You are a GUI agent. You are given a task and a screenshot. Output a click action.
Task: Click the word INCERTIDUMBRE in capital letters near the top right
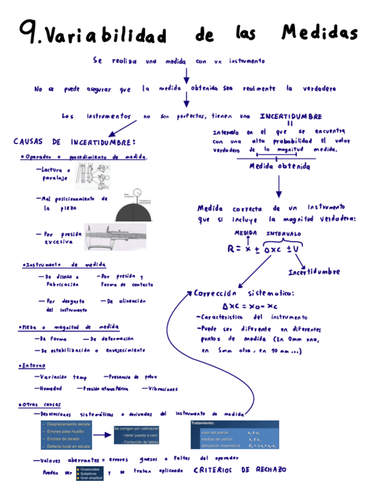coord(291,116)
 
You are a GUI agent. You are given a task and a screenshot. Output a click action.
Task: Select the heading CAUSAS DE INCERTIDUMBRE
coord(74,142)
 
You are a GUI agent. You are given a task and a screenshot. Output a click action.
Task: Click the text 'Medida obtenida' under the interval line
coord(279,167)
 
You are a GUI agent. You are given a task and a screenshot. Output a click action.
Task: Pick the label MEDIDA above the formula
coord(245,232)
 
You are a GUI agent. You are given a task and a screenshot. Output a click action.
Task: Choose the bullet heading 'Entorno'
coord(33,366)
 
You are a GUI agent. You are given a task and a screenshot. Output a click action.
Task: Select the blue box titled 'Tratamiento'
coord(234,435)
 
